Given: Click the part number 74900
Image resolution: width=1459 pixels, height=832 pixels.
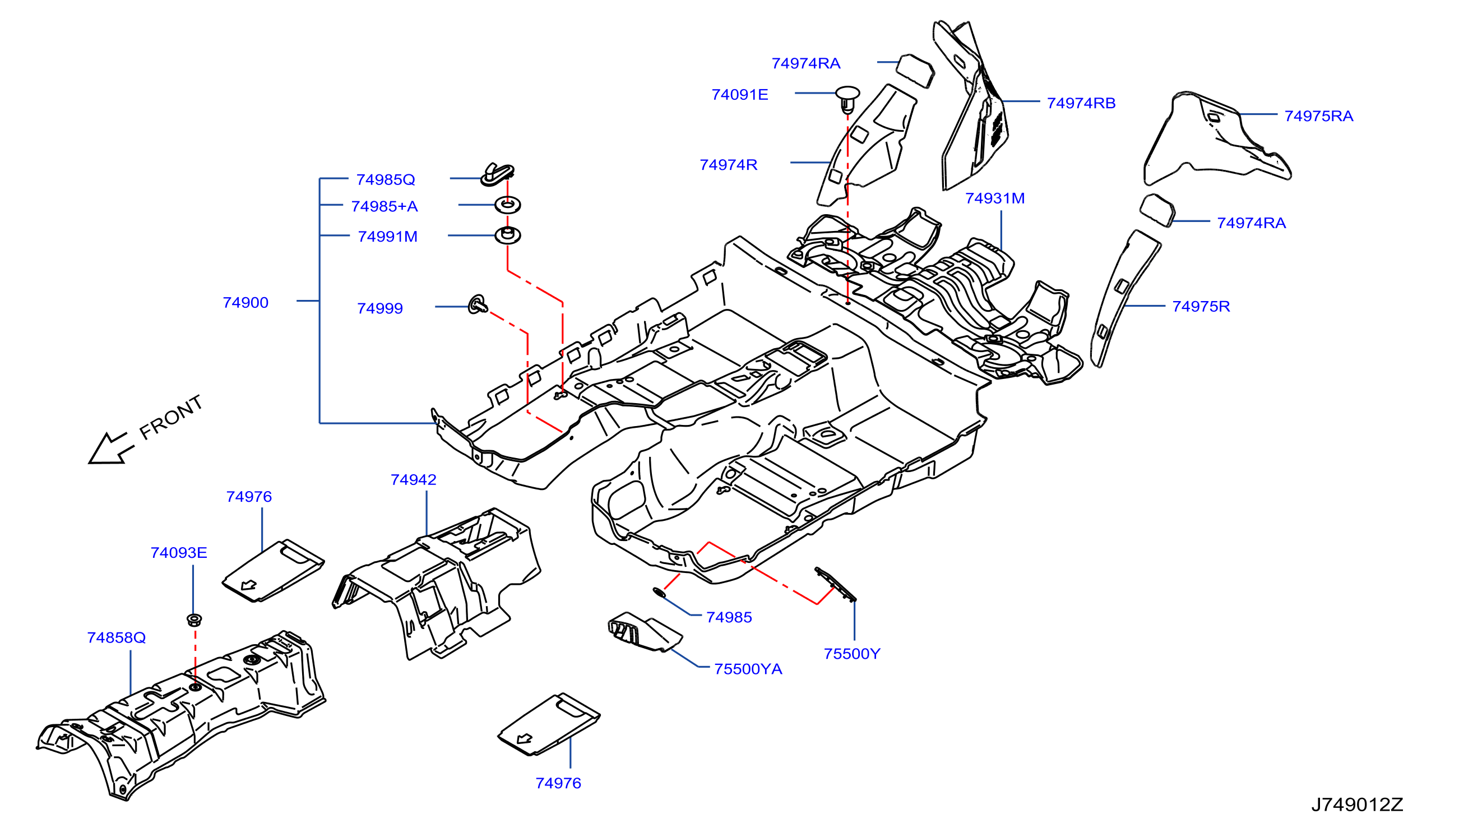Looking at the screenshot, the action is click(x=246, y=302).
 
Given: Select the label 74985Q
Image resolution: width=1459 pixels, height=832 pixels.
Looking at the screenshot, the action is click(x=386, y=179).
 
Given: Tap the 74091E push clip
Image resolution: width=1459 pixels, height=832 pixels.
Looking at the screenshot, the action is click(x=847, y=99).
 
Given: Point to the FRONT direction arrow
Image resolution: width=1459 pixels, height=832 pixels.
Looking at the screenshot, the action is click(x=111, y=448).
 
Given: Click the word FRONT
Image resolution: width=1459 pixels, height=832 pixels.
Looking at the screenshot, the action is click(x=172, y=417).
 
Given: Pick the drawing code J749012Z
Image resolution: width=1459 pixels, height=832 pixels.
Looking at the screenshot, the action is click(x=1357, y=805).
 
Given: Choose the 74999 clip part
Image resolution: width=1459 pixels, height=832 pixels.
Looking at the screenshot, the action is click(x=478, y=304).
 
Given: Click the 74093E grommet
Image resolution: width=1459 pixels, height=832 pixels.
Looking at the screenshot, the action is click(x=194, y=620).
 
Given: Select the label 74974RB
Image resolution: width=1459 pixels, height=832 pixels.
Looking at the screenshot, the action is click(x=1081, y=103).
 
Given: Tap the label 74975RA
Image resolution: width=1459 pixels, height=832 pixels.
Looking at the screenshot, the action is click(x=1318, y=116).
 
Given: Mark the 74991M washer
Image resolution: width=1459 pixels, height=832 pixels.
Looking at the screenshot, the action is click(x=507, y=235).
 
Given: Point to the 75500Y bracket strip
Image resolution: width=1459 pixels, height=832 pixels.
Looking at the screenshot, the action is click(x=835, y=584).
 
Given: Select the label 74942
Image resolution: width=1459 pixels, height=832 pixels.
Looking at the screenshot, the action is click(x=414, y=479).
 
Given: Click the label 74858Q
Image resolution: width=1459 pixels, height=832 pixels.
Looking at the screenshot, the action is click(x=117, y=637).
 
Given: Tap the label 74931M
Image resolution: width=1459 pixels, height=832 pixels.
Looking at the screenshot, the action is click(x=995, y=198).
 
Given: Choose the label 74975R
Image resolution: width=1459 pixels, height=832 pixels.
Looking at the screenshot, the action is click(x=1201, y=306).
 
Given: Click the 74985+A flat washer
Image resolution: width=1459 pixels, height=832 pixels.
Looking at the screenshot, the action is click(x=507, y=205).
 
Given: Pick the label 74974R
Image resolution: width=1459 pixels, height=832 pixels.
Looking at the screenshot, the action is click(x=728, y=165).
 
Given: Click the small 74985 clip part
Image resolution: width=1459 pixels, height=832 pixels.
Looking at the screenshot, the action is click(x=659, y=593).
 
